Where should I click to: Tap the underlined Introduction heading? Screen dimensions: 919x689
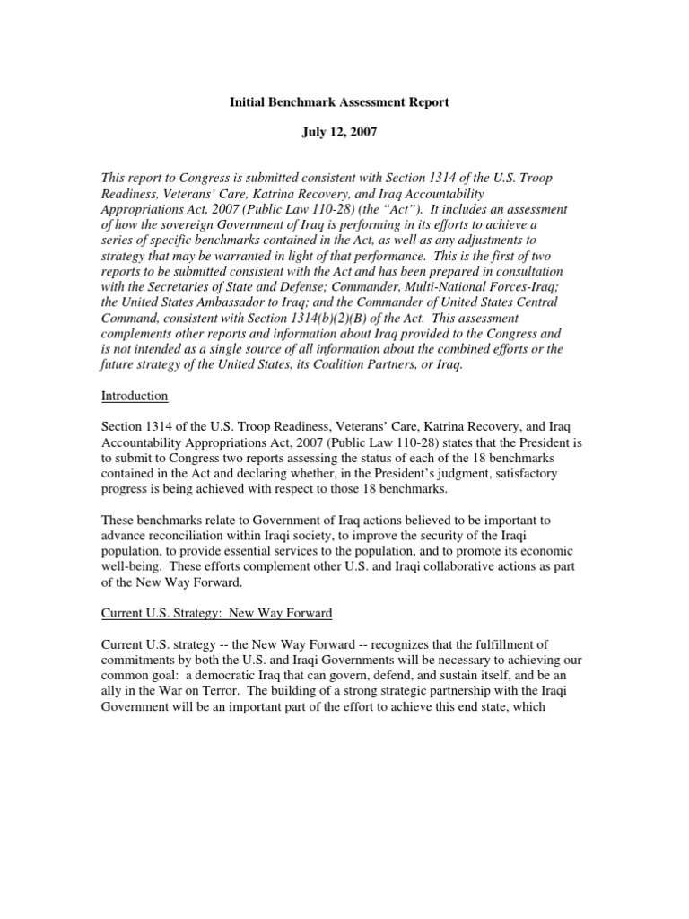click(x=134, y=396)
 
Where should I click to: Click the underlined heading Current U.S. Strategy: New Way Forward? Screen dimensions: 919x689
click(x=216, y=613)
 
